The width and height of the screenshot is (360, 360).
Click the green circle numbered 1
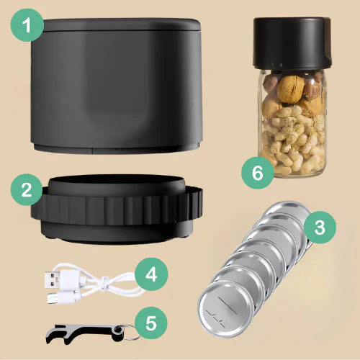point(27,25)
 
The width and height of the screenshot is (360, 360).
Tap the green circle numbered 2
point(27,189)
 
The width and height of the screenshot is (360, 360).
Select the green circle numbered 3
point(320,228)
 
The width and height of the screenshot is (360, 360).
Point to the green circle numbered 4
point(151,274)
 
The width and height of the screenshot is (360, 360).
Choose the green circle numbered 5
point(151,323)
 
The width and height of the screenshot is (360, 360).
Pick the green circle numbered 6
point(258,173)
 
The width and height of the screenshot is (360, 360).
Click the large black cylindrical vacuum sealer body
point(117,86)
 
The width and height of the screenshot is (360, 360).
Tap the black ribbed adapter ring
point(117,210)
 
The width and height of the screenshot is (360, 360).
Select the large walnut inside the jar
point(290,89)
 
